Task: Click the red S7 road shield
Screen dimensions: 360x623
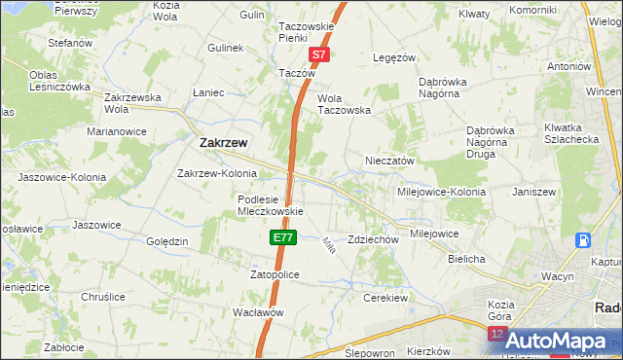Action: point(320,56)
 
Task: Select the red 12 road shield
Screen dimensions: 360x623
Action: point(498,335)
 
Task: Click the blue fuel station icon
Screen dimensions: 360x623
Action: point(582,240)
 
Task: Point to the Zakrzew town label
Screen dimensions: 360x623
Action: point(223,142)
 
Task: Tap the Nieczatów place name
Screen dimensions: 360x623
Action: point(390,161)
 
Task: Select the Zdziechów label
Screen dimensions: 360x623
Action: point(374,239)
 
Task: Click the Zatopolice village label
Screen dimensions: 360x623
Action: point(275,275)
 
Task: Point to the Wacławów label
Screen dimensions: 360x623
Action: point(258,312)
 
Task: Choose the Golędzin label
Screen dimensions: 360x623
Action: point(166,241)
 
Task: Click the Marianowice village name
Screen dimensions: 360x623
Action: point(117,130)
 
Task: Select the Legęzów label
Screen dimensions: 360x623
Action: point(395,57)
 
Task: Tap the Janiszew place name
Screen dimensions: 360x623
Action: point(533,192)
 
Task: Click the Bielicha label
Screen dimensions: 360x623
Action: point(466,260)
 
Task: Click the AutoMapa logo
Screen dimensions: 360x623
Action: point(555,341)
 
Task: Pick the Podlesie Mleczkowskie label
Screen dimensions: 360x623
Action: point(271,205)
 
